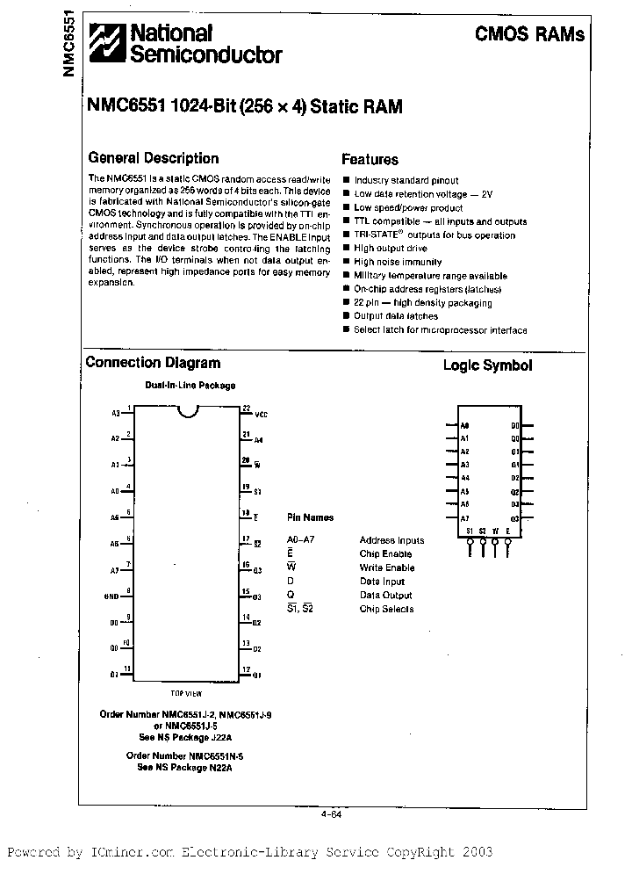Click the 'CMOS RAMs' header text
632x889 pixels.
click(529, 35)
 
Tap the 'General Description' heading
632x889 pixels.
click(154, 158)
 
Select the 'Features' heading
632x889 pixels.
click(370, 159)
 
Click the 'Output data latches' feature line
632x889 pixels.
click(395, 316)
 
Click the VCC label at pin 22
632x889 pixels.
click(261, 413)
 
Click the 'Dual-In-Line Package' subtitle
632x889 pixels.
click(190, 386)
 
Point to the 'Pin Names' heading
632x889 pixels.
click(310, 517)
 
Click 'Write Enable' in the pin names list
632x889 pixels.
click(387, 567)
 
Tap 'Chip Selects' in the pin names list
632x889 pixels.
click(386, 609)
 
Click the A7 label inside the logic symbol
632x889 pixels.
click(465, 518)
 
